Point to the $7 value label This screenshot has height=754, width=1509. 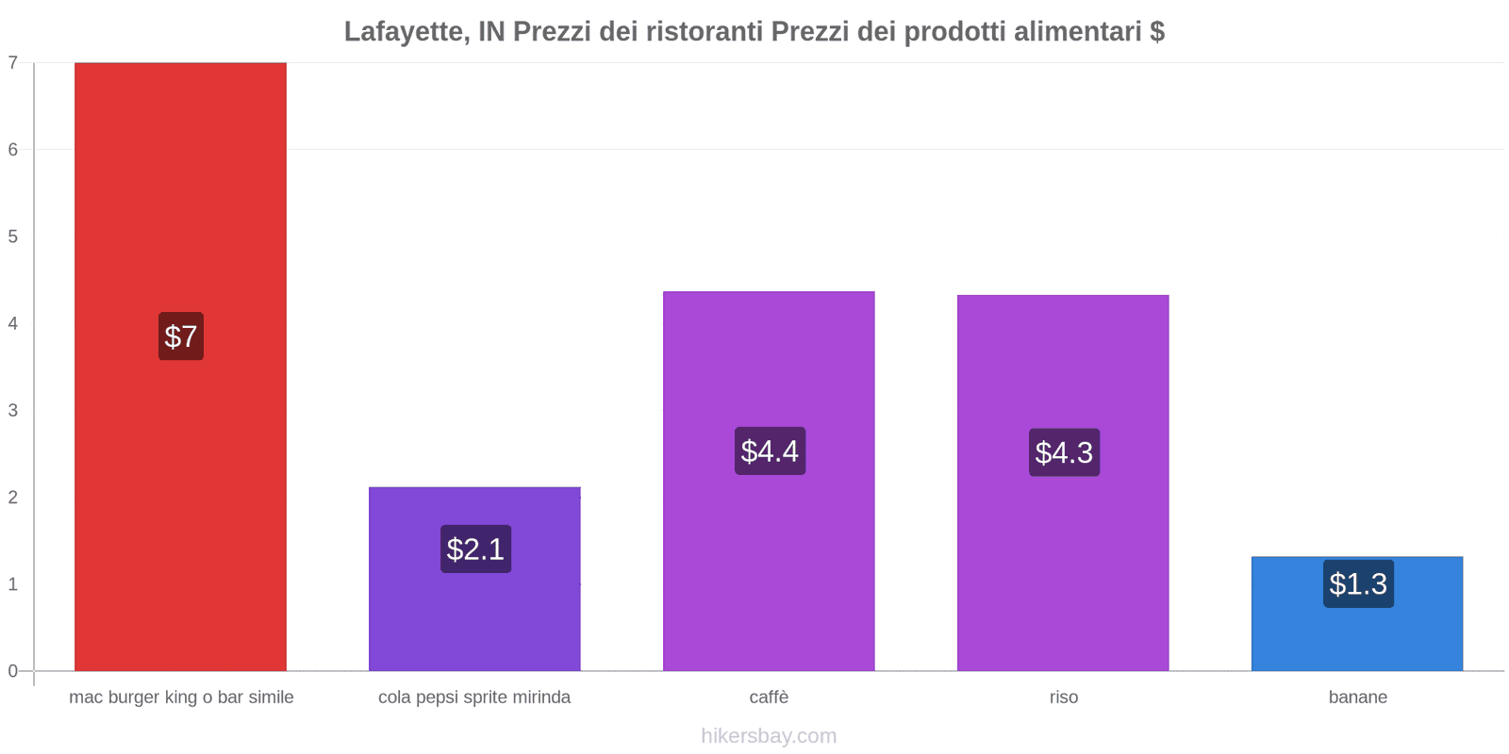click(x=181, y=336)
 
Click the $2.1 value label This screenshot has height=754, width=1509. click(x=475, y=549)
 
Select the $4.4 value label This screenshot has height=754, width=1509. click(x=770, y=451)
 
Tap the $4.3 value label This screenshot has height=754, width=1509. click(x=1064, y=452)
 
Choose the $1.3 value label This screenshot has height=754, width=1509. click(x=1358, y=584)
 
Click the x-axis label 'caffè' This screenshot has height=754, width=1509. click(x=769, y=697)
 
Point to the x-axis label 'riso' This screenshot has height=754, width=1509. click(x=1064, y=697)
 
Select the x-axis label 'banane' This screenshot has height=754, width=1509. click(x=1357, y=697)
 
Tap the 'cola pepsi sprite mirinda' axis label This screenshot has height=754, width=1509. click(x=474, y=697)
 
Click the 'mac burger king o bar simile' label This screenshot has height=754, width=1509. click(x=181, y=697)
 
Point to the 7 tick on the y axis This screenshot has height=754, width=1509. click(x=13, y=63)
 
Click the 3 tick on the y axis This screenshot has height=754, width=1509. click(x=13, y=411)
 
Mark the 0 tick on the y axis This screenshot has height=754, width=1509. click(x=13, y=671)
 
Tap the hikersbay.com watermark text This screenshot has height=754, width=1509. click(x=769, y=736)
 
